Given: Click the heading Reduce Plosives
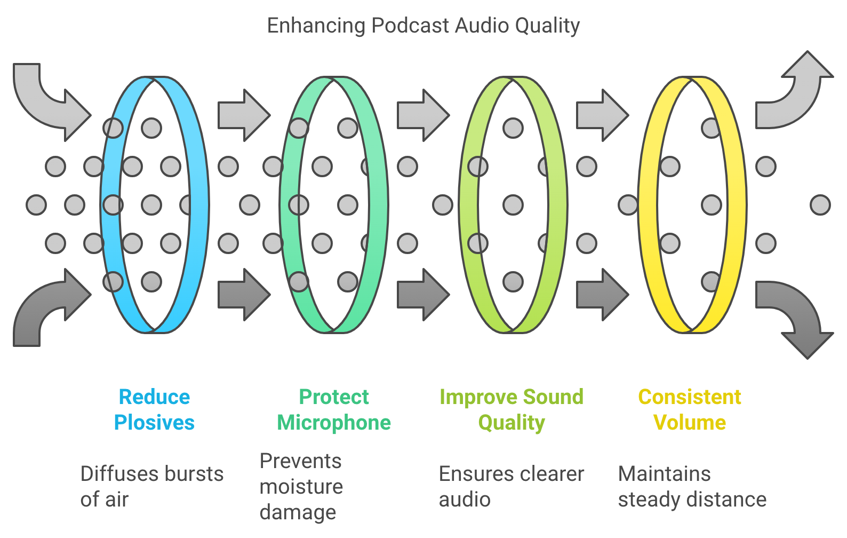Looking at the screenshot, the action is [x=154, y=410].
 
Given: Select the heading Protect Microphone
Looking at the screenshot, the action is [x=334, y=410].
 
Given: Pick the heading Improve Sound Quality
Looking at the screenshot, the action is [x=512, y=410].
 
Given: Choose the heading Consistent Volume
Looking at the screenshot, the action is [x=690, y=410].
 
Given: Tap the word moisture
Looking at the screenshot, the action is [x=301, y=487].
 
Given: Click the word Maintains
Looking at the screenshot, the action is [x=665, y=473].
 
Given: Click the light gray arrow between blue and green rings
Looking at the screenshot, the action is [x=244, y=115].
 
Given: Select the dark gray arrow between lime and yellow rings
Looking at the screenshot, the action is [x=602, y=294].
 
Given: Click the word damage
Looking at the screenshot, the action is [x=298, y=513].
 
